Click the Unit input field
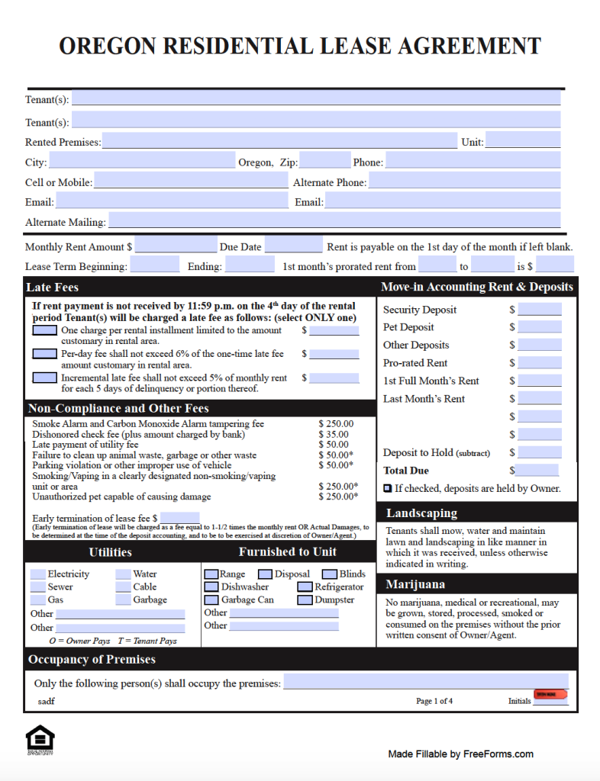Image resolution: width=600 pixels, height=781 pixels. [522, 141]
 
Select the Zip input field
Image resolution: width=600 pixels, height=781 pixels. [324, 162]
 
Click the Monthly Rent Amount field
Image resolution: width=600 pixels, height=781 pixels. [176, 246]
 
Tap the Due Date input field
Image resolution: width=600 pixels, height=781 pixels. [293, 246]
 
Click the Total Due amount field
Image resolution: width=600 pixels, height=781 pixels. [537, 471]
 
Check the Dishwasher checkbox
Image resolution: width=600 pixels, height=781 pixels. [211, 587]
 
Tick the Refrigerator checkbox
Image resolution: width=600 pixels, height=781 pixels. [304, 587]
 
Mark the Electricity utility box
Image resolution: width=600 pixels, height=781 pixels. [37, 574]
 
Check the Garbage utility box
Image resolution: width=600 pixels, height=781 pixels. [123, 600]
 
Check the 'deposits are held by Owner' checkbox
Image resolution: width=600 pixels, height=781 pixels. [388, 488]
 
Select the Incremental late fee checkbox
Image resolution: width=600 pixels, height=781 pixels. [44, 378]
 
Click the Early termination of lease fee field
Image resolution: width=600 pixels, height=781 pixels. [179, 518]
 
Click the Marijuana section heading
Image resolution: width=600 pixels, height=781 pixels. [415, 584]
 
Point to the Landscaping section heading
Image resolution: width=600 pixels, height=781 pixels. [421, 513]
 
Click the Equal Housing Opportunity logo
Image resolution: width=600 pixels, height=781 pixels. [40, 740]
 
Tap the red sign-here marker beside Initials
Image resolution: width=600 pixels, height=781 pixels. [550, 695]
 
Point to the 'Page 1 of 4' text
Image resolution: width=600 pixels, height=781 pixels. [434, 701]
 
